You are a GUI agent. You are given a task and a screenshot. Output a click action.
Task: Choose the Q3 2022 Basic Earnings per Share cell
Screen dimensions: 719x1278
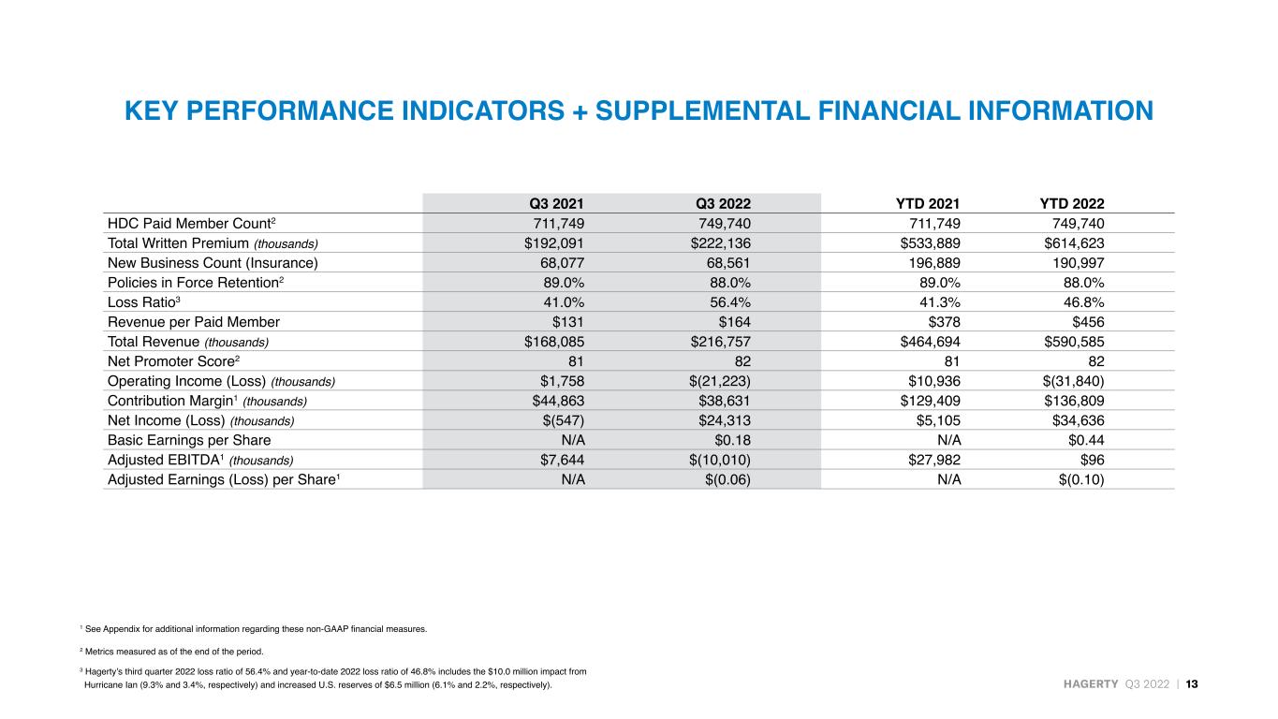tap(732, 440)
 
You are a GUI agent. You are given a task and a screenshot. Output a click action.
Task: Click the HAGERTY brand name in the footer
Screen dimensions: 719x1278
tap(1091, 684)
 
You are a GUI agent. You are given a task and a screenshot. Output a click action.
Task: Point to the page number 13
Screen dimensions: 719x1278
tap(1192, 684)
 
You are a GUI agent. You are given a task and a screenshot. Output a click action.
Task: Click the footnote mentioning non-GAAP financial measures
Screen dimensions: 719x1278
tap(254, 629)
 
